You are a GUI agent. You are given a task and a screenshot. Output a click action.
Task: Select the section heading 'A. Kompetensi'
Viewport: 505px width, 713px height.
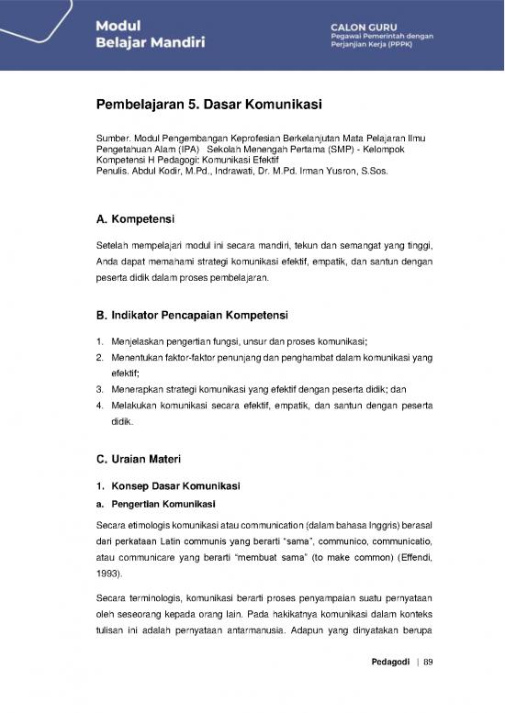pyautogui.click(x=136, y=219)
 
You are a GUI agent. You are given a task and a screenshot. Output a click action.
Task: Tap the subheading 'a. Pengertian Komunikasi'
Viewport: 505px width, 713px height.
pyautogui.click(x=155, y=505)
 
